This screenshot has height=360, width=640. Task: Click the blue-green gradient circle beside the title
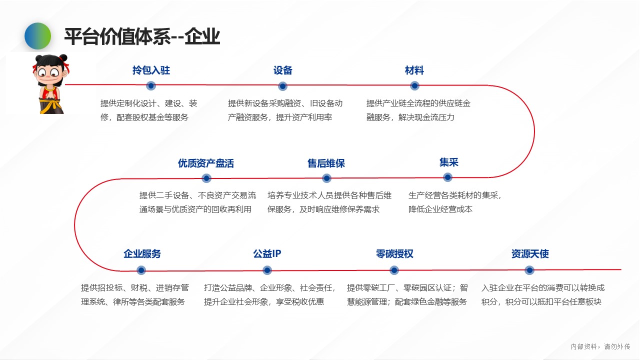[37, 36]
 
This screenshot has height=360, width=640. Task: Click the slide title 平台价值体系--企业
[142, 36]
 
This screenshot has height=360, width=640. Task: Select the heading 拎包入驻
[151, 70]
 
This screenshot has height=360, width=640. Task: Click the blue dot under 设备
[282, 86]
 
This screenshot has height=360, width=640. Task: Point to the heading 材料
[414, 70]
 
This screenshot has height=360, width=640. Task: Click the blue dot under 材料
[414, 85]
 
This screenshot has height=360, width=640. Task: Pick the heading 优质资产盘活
[206, 163]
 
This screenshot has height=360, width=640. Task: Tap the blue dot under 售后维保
[326, 178]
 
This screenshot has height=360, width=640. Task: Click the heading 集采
[449, 162]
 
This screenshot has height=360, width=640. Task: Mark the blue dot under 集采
[447, 177]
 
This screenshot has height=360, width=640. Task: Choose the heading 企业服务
[142, 253]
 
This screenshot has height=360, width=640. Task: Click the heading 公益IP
[267, 253]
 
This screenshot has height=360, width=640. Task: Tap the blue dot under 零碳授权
[394, 270]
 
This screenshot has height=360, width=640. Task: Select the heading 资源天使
[530, 253]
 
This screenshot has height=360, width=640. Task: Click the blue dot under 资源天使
[529, 270]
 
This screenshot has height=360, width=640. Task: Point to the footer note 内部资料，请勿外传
[600, 346]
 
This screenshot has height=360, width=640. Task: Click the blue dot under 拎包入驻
[151, 85]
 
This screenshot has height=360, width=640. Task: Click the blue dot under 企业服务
[141, 270]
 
